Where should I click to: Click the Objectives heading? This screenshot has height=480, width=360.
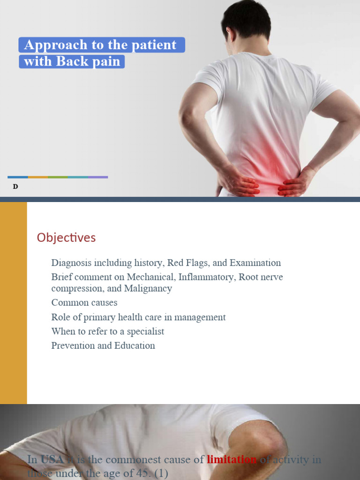pos(66,238)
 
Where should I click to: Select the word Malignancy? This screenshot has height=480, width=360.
pos(148,288)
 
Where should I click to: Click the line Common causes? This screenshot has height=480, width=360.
pos(84,303)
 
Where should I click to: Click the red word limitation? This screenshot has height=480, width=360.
pos(232,460)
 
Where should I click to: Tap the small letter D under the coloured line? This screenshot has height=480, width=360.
pos(15,187)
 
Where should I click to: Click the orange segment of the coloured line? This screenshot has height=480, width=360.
pos(37,177)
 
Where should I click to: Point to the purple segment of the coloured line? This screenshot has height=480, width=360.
pos(97,177)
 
